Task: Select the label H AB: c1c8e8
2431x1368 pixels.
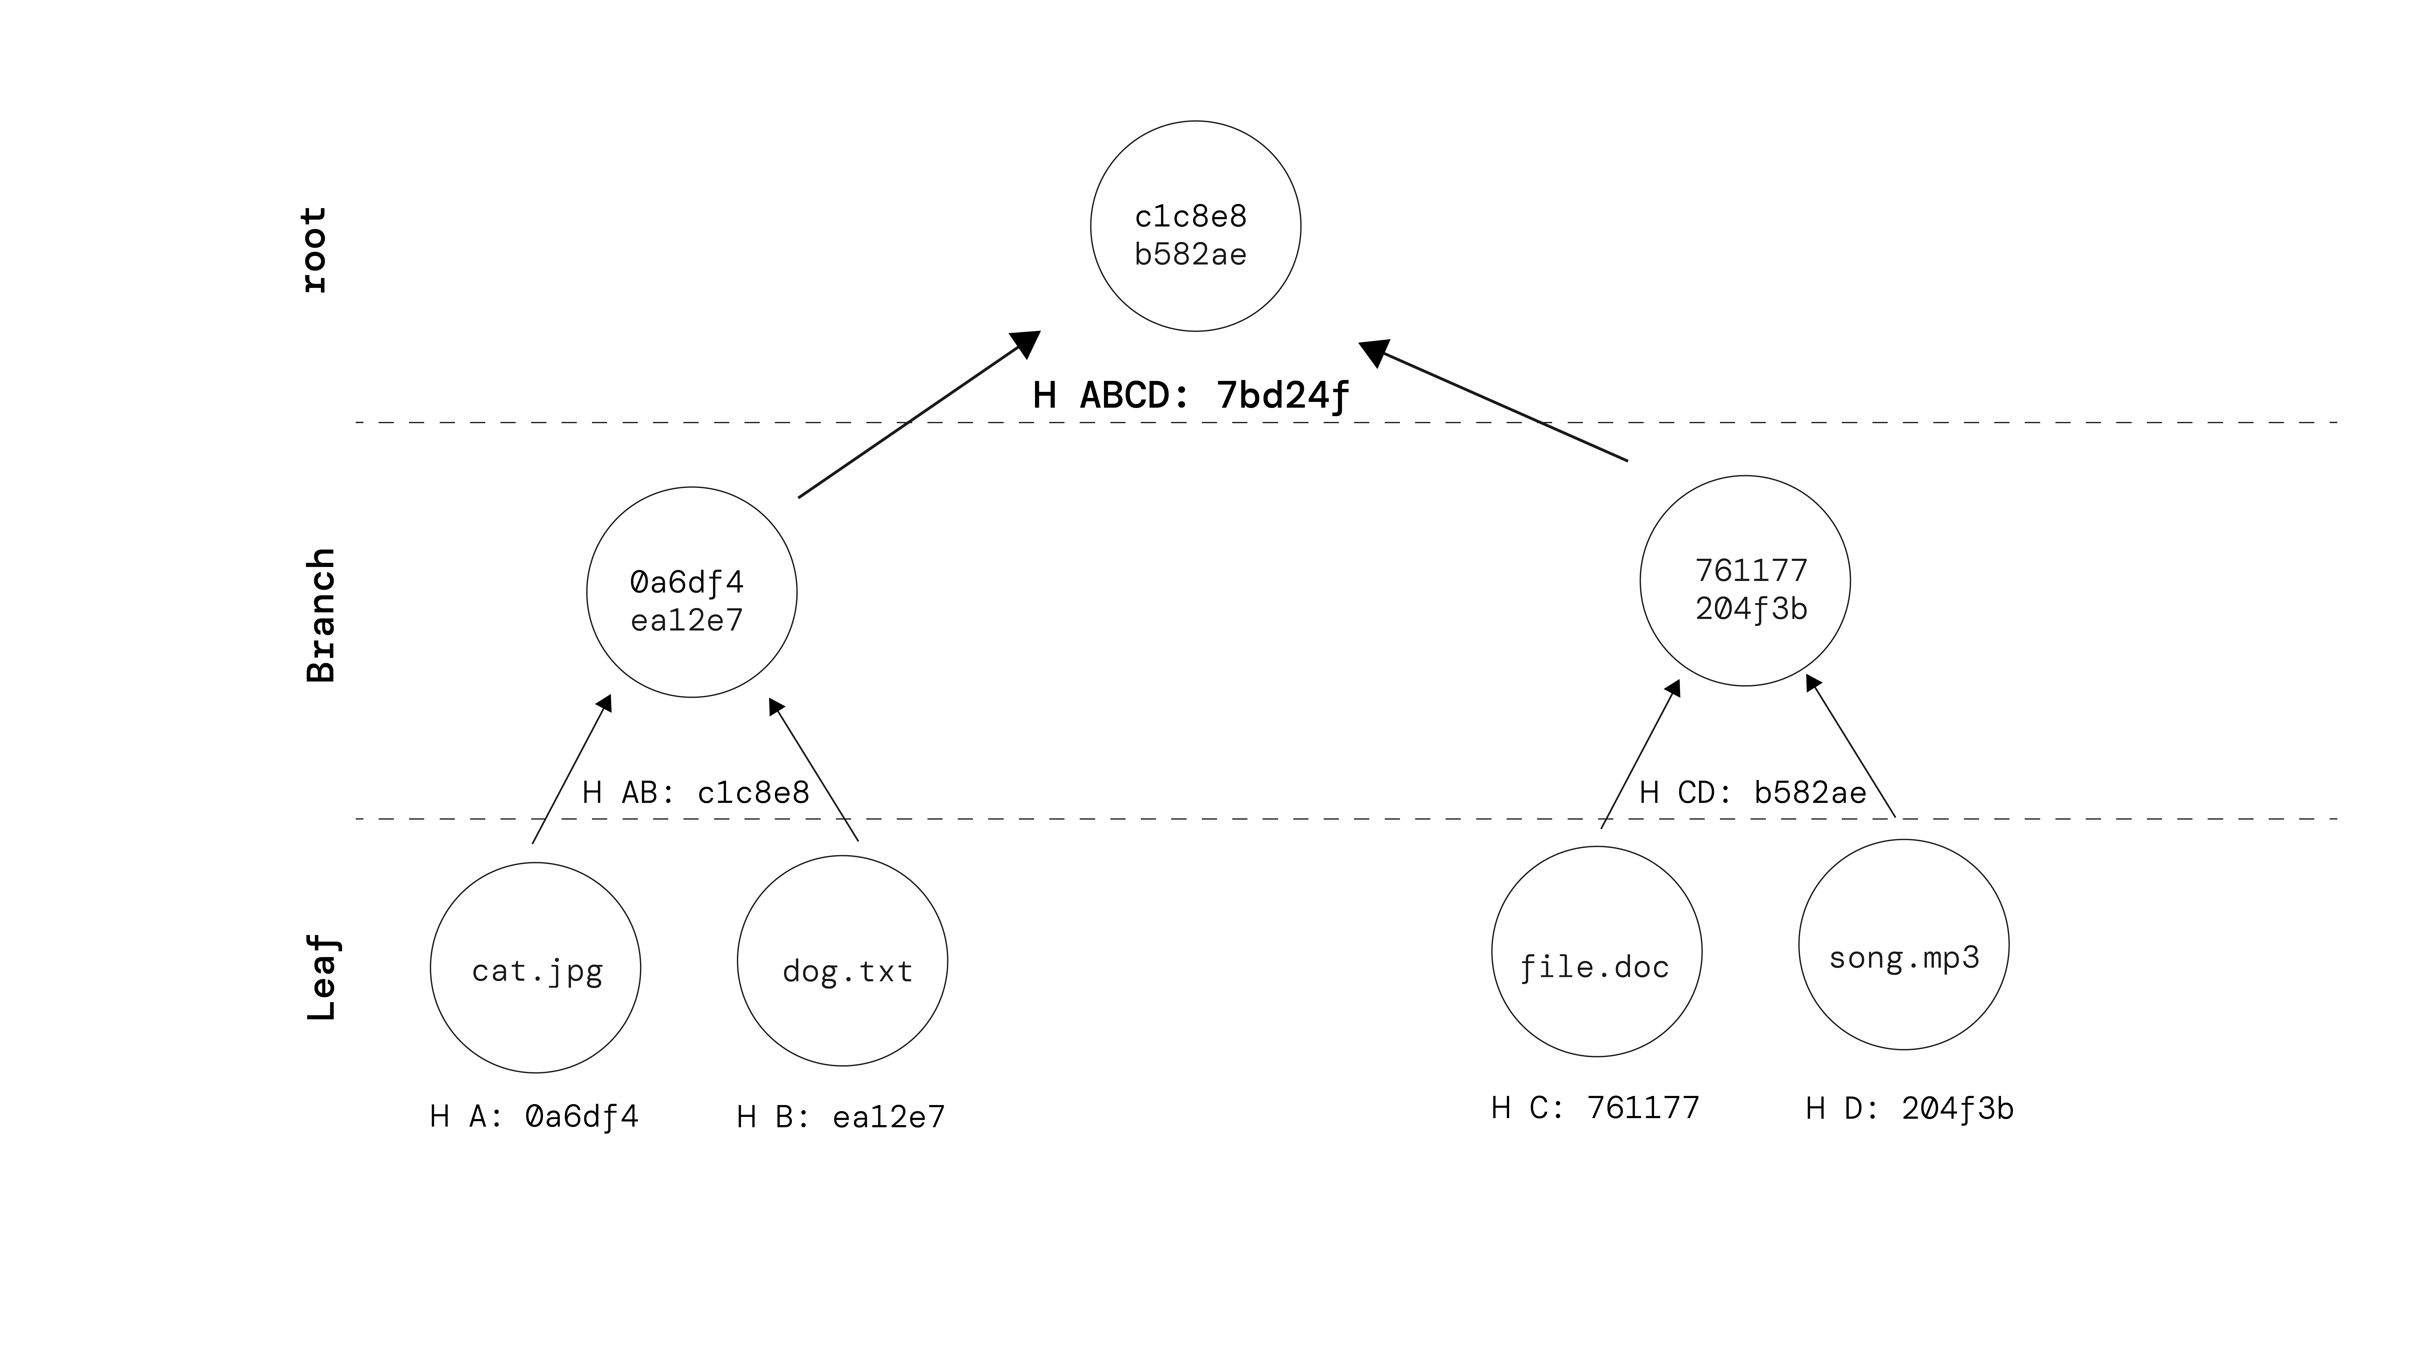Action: click(696, 792)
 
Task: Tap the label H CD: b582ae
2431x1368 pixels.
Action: click(1752, 792)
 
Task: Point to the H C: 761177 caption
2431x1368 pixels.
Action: click(1595, 1107)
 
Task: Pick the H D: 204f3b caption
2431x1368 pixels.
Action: click(1909, 1108)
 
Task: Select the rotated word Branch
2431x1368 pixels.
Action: click(321, 615)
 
